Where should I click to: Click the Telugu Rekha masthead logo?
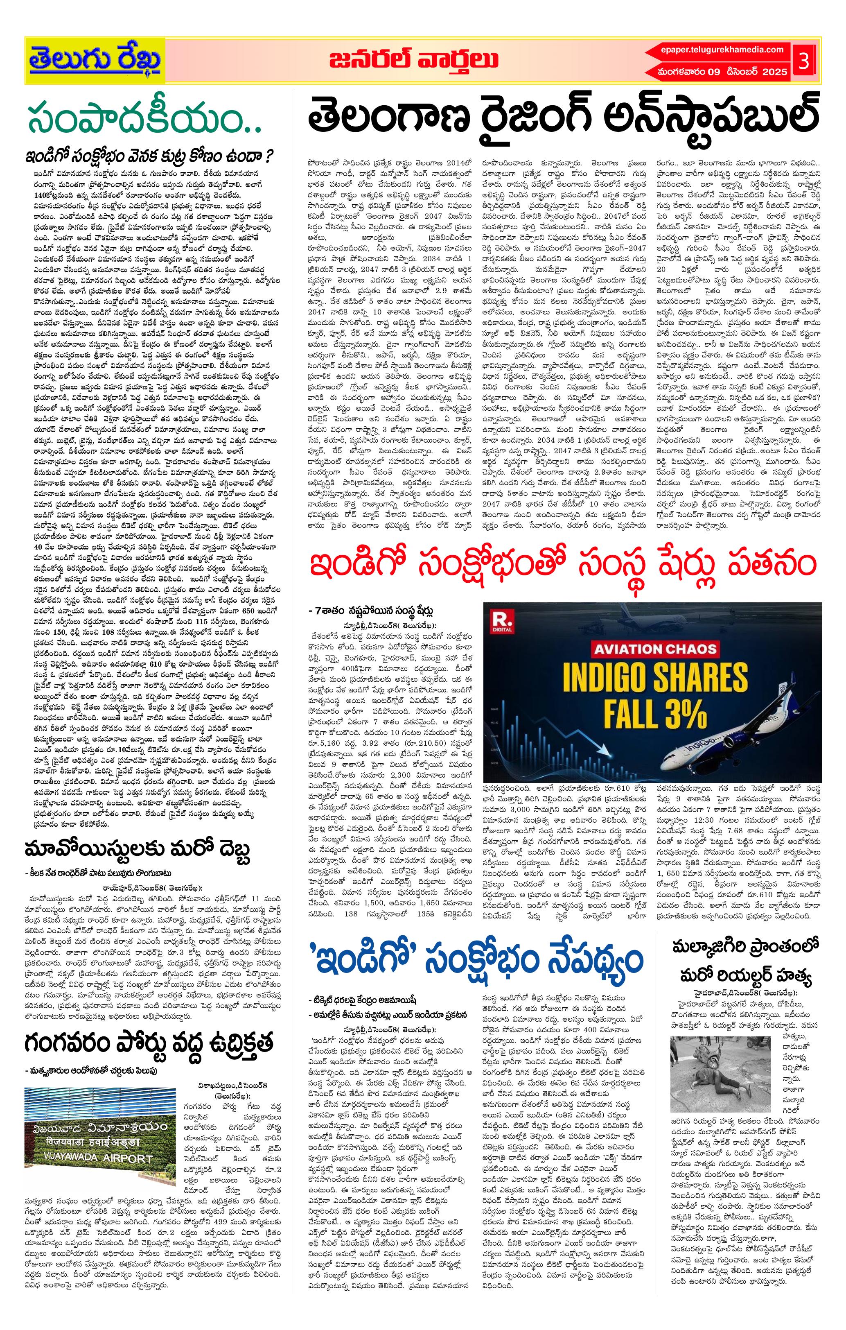(x=95, y=60)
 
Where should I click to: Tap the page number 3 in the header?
(x=803, y=61)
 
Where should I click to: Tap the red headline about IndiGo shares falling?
(x=563, y=565)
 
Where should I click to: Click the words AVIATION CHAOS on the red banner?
(x=656, y=649)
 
